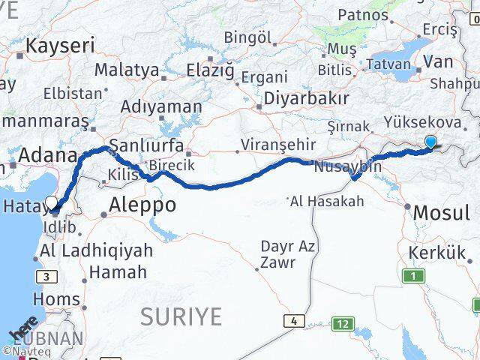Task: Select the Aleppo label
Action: coord(142,204)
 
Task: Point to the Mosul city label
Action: coord(441,212)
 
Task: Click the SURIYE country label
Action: coord(181,316)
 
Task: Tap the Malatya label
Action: coord(126,70)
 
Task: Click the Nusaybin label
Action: coord(347,166)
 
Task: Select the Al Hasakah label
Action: coord(327,200)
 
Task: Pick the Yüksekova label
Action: coord(422,121)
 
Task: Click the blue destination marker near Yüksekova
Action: coord(430,141)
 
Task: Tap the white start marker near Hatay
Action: coord(52,202)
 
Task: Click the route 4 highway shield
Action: coord(293,321)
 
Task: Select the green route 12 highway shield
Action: coord(343,324)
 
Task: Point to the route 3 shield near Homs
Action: coord(49,277)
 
